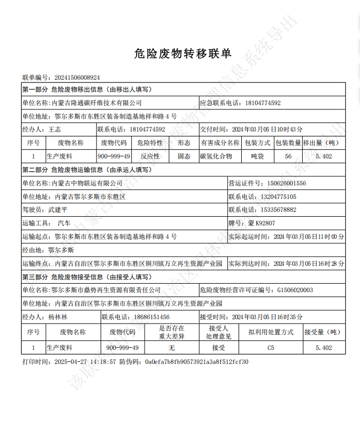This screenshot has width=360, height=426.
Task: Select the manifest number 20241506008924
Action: coord(77,78)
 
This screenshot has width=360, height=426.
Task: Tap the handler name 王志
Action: coord(55,129)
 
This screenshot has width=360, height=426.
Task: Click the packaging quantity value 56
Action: coord(288,156)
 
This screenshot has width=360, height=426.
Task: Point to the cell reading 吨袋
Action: coord(257,156)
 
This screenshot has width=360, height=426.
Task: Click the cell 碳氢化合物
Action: coord(216,156)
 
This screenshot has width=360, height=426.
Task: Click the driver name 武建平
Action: coord(59,210)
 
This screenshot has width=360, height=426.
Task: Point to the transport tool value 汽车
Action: coord(64,223)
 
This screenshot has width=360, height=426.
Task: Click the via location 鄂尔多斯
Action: coord(62,250)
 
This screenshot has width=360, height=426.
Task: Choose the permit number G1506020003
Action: coord(295,290)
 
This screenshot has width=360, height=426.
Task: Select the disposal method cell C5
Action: coord(270,348)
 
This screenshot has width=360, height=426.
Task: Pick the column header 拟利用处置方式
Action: coord(270,332)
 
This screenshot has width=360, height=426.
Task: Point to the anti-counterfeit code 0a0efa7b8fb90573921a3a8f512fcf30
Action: coord(196,362)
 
